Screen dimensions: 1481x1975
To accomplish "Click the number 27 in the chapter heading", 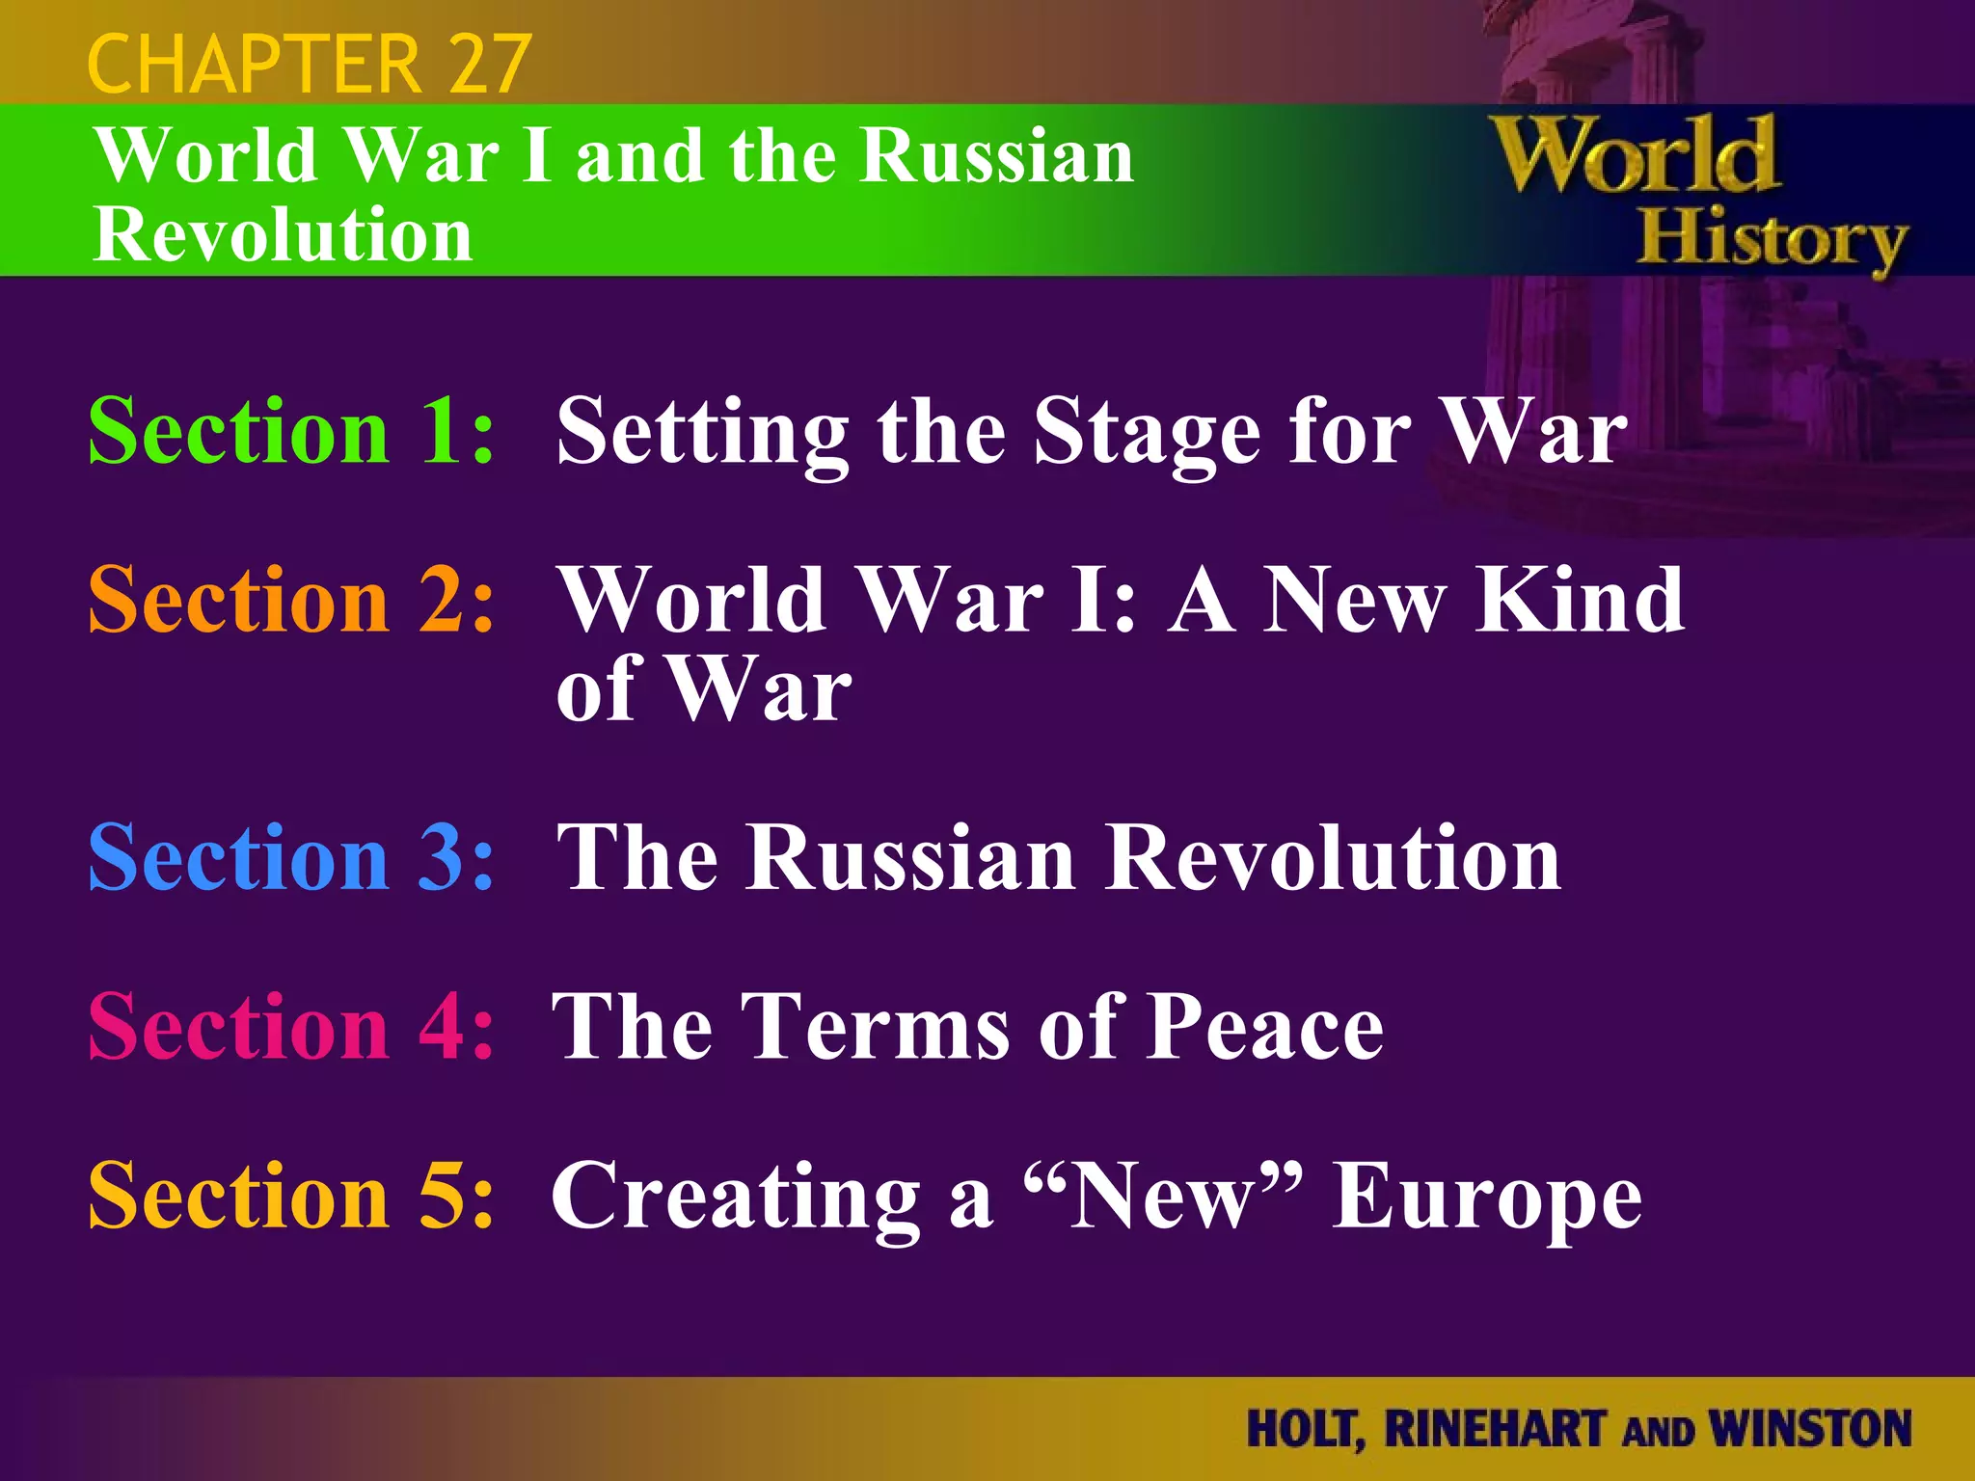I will pos(489,64).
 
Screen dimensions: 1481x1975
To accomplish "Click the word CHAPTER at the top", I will pos(254,64).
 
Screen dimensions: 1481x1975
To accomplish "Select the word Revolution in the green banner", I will pos(283,235).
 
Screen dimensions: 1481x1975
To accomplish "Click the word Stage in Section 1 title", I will pos(1147,434).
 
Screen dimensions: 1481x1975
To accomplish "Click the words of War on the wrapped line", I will pos(704,688).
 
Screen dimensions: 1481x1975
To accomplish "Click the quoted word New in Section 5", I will pos(1162,1196).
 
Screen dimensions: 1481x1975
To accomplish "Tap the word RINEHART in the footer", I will pos(1496,1429).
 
